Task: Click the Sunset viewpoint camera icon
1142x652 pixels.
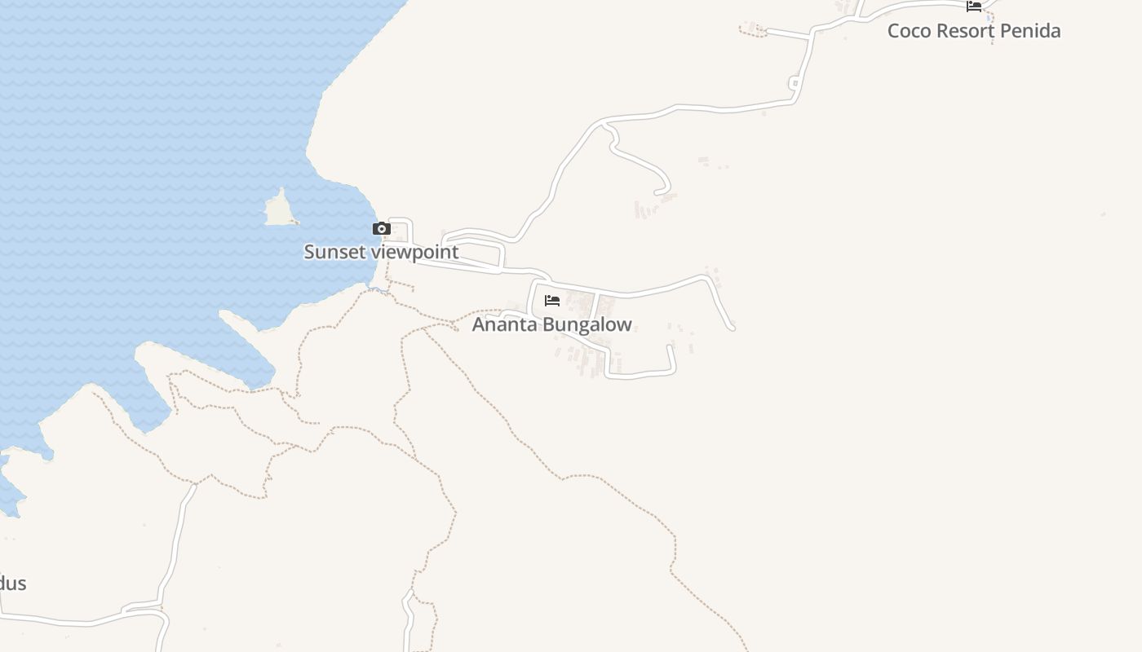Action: tap(381, 229)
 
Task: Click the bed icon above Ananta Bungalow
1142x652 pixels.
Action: tap(552, 300)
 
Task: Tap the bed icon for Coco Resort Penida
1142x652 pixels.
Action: tap(973, 7)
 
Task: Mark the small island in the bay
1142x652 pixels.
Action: tap(280, 210)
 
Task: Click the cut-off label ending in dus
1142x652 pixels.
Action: tap(13, 584)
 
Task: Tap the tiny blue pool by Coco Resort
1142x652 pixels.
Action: tap(989, 18)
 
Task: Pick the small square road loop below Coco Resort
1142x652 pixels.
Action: tap(794, 83)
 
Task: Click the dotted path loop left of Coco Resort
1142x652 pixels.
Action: tap(752, 29)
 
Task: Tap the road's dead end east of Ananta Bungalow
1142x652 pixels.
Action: tap(732, 328)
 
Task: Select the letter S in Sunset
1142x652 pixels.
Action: tap(310, 252)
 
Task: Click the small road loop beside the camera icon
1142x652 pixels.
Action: tap(401, 230)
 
